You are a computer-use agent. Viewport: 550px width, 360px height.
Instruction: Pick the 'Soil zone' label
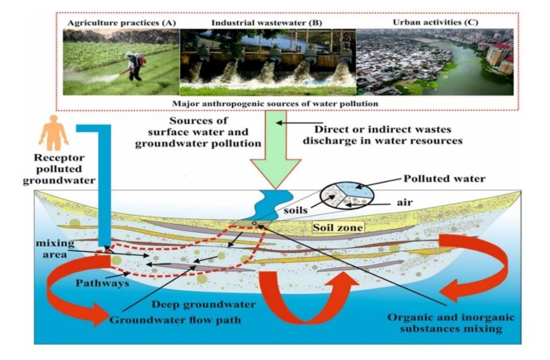[338, 228]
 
